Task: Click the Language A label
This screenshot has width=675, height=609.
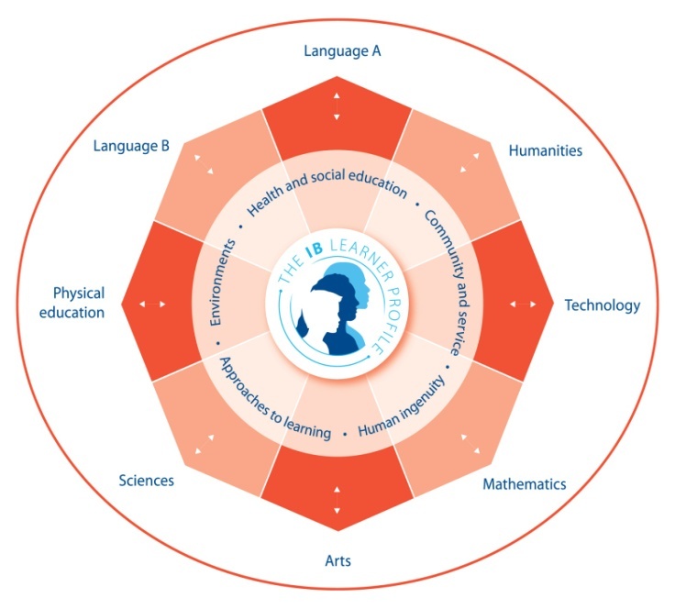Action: coord(342,51)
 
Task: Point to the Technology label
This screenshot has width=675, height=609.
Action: coord(602,305)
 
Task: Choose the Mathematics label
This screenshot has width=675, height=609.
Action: coord(525,483)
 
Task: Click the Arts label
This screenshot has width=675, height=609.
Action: coord(337,560)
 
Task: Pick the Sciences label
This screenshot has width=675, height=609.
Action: coord(146,480)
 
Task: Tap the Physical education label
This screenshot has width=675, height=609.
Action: coord(79,303)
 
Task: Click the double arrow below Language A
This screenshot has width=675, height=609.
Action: coord(337,106)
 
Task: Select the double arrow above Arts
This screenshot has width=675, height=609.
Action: coord(337,501)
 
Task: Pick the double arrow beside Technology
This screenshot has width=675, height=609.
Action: coord(524,304)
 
